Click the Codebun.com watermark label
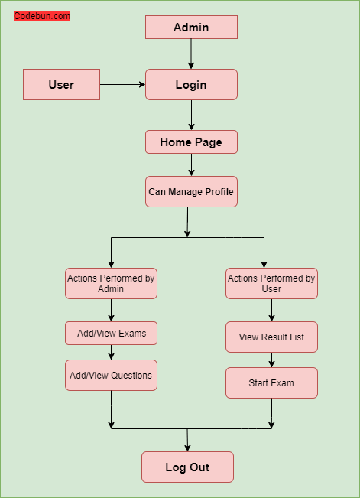(42, 16)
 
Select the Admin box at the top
(191, 28)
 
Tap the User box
(61, 84)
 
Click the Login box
(191, 84)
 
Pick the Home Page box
(191, 142)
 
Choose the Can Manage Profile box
(191, 191)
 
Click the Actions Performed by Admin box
(111, 283)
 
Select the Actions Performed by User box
(271, 283)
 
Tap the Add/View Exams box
(111, 334)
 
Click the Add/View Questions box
(111, 375)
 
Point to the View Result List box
(271, 337)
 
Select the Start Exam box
(271, 382)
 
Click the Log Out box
(187, 467)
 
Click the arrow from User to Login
(122, 84)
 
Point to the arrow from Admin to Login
(191, 54)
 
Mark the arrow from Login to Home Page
(191, 115)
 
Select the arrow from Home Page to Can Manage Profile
(191, 164)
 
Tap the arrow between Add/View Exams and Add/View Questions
(112, 353)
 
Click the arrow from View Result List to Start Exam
(271, 360)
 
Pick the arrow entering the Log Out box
(187, 441)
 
